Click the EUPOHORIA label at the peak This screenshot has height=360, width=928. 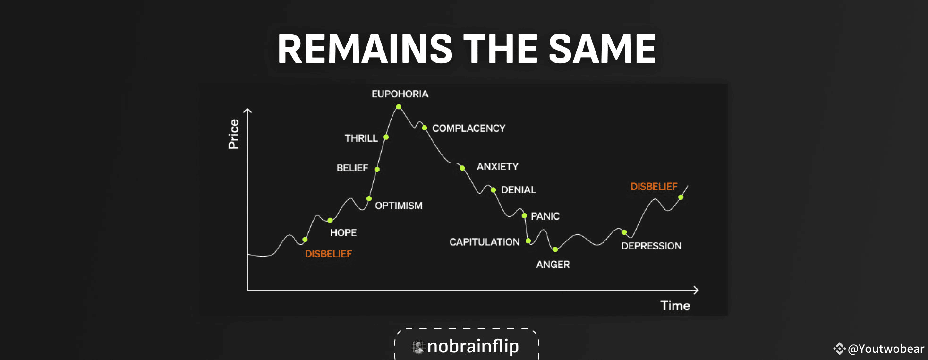(400, 94)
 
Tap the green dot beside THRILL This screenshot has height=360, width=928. (386, 137)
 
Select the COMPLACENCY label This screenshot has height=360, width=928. (469, 129)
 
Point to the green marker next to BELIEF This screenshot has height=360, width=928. (377, 169)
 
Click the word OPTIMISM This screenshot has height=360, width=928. (399, 206)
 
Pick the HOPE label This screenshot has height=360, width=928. (343, 232)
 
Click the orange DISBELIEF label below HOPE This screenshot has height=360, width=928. (328, 254)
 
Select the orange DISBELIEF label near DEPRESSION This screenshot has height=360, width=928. (654, 187)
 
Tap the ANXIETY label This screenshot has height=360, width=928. (498, 167)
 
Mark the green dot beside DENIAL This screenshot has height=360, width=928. (493, 190)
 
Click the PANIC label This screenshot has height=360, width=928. (545, 216)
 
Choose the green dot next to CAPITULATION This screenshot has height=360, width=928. (528, 241)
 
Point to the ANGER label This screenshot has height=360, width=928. (553, 265)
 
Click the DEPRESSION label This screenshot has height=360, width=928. (651, 246)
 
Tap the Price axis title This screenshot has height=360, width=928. (234, 134)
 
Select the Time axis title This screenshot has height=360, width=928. (675, 306)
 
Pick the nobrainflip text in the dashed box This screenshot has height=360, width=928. (473, 346)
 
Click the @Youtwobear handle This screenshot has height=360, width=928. (886, 349)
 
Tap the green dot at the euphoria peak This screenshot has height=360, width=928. (399, 107)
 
